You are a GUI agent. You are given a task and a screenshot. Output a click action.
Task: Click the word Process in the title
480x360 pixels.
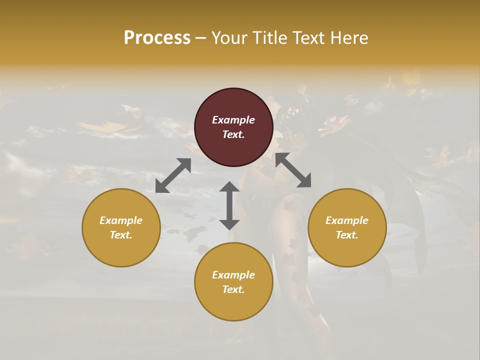[x=157, y=38]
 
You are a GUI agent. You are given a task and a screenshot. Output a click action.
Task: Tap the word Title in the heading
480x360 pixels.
[x=270, y=38]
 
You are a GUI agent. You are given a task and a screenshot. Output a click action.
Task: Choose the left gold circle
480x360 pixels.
[x=121, y=250]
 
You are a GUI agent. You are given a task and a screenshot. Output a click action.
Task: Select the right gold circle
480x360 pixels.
[x=347, y=250]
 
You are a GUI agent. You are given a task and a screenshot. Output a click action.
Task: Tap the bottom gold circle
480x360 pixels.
[x=233, y=304]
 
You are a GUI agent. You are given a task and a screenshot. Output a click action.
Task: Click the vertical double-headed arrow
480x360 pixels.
[x=229, y=205]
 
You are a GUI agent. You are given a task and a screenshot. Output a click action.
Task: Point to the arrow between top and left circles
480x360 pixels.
[x=173, y=175]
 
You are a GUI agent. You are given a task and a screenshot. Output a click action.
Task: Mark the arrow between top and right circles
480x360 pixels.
[x=293, y=170]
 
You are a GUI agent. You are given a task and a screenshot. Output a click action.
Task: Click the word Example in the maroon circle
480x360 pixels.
[x=233, y=120]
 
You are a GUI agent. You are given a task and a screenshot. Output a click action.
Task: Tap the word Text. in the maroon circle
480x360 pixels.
[x=233, y=134]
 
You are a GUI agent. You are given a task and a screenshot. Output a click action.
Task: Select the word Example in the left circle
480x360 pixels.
[x=121, y=220]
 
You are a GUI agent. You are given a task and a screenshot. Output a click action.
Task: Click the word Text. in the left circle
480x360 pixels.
[x=121, y=235]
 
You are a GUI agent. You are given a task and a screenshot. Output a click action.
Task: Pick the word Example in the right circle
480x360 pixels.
[x=347, y=220]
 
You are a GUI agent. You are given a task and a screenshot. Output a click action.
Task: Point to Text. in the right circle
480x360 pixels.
[x=347, y=235]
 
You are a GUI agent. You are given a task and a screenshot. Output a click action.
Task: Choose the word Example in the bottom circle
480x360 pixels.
[x=233, y=275]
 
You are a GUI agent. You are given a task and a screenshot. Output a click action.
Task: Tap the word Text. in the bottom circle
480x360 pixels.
[x=233, y=289]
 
